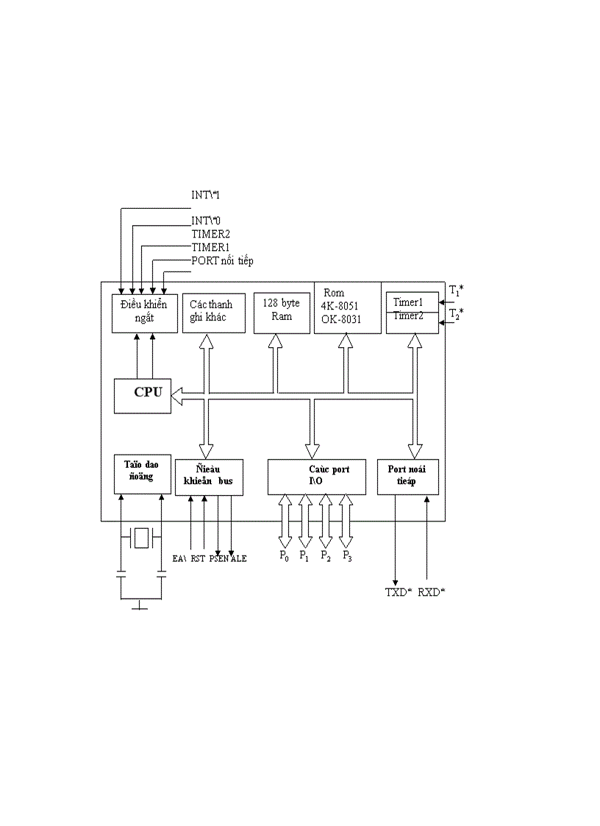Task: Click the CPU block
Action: click(x=143, y=395)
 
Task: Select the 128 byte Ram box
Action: click(x=282, y=313)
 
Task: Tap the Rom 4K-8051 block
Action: click(x=347, y=307)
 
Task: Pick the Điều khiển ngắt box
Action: click(x=144, y=313)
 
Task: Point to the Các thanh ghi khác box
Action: click(x=213, y=313)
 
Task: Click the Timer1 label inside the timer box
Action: click(x=408, y=302)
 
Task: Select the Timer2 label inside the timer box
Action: click(x=408, y=316)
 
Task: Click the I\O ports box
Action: click(x=317, y=477)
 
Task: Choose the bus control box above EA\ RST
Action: click(x=209, y=477)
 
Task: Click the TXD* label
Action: click(x=399, y=592)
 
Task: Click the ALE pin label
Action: click(x=238, y=559)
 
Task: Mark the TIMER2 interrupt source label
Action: click(x=211, y=234)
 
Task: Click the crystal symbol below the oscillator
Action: click(x=142, y=538)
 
